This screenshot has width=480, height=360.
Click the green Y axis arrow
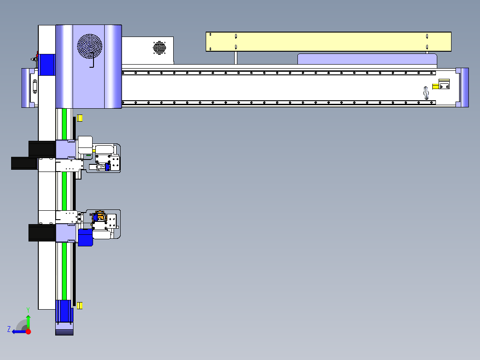(28, 322)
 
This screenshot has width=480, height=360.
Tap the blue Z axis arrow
(20, 332)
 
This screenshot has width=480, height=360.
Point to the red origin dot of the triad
(28, 331)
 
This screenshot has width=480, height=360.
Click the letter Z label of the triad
(9, 329)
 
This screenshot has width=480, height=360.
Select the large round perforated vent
(89, 46)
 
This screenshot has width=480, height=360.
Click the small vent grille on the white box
(159, 48)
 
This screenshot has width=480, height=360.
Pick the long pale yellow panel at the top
(329, 41)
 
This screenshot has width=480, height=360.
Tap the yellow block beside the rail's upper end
(80, 118)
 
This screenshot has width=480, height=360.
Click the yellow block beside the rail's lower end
(80, 306)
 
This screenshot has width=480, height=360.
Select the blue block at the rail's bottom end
(64, 311)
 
